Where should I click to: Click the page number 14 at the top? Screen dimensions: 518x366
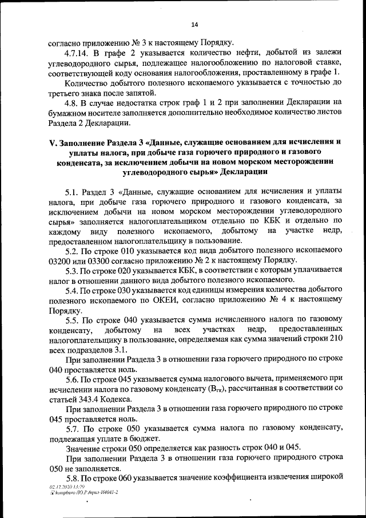[194, 25]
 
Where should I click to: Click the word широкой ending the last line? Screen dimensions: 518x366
[323, 477]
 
